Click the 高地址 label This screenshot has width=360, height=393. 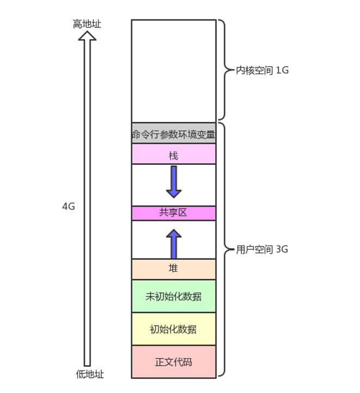point(87,24)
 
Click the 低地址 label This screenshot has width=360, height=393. point(90,374)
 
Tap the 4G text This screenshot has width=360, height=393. point(69,206)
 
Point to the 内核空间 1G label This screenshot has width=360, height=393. point(262,70)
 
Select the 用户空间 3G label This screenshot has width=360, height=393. point(262,249)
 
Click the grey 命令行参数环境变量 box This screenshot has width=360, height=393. point(174,133)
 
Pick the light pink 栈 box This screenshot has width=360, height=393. point(174,154)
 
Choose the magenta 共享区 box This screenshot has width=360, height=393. point(174,213)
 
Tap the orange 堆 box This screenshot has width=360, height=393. point(174,269)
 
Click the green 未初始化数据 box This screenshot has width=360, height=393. point(174,296)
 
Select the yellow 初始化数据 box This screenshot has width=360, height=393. point(174,329)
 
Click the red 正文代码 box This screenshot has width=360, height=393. point(174,361)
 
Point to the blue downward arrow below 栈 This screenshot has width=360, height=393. point(174,182)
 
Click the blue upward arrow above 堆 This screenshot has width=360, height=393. point(174,244)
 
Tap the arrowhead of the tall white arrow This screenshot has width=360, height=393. point(87,35)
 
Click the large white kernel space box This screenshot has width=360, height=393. point(174,71)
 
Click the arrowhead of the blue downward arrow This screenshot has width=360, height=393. point(174,194)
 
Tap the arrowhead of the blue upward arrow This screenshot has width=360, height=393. point(174,233)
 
